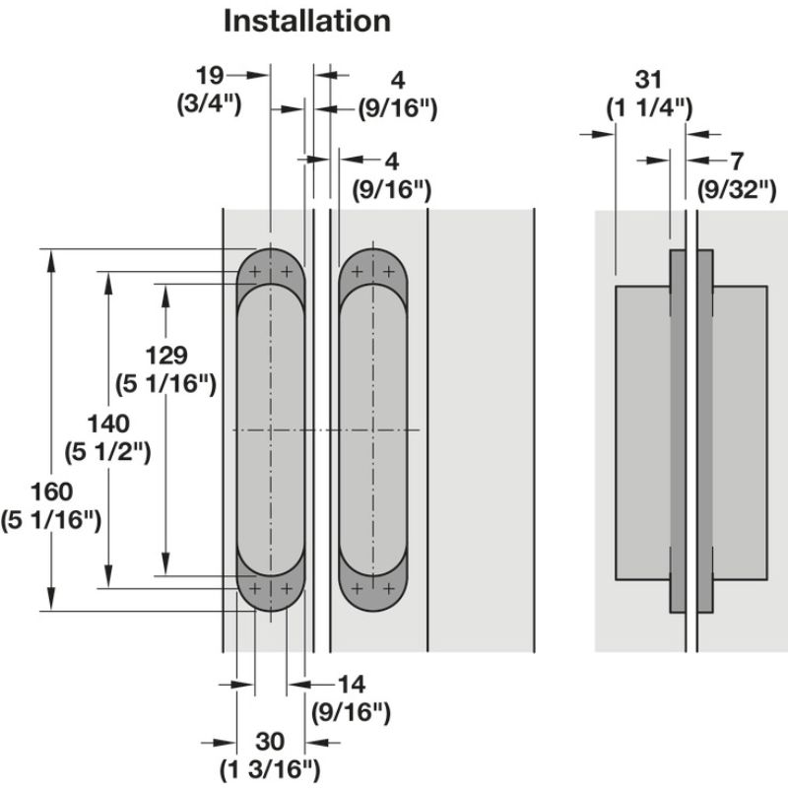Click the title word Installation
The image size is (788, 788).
306,21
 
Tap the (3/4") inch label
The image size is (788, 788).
209,102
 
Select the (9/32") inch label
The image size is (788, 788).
738,189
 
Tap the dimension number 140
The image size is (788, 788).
108,425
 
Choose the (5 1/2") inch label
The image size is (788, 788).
108,453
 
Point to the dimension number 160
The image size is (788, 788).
51,490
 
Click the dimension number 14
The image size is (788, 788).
351,683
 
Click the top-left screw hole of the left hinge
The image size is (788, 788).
255,271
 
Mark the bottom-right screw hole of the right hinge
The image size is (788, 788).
390,588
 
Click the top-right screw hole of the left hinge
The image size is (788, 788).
287,271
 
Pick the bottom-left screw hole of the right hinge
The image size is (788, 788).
358,588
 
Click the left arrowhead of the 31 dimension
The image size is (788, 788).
606,135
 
